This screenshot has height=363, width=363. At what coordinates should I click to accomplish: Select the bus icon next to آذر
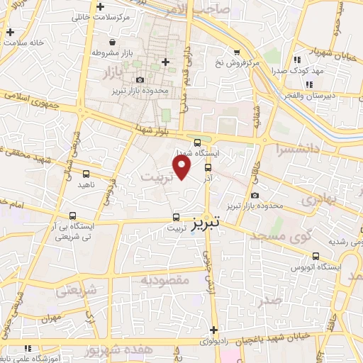click(x=208, y=168)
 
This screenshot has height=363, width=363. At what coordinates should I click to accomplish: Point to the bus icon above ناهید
click(x=86, y=173)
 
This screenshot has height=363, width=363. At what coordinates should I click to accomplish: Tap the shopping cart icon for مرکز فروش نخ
click(x=236, y=52)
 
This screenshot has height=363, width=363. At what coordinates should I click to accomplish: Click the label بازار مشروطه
click(x=118, y=52)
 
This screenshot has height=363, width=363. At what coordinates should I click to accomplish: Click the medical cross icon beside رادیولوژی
click(x=214, y=330)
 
